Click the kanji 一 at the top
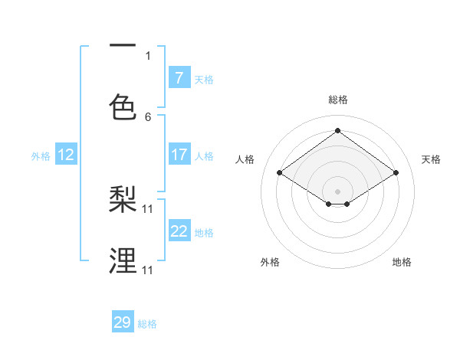coord(123,45)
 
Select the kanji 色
coord(123,108)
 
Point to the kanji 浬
coord(123,261)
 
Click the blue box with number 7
coord(179,77)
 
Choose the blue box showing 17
coord(179,155)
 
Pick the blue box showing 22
coord(179,231)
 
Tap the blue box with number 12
coord(66,155)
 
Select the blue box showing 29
coord(123,322)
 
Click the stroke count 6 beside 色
coord(148,117)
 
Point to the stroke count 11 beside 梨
coord(148,208)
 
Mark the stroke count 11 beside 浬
coord(148,270)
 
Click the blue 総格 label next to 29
coord(147,324)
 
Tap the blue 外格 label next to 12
coord(41,156)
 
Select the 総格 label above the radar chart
coord(338,100)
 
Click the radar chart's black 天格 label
coord(431,159)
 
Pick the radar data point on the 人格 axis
coord(280,173)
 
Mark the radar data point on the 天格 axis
coord(396,173)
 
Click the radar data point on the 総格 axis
coord(337,130)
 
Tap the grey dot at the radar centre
coord(337,190)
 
